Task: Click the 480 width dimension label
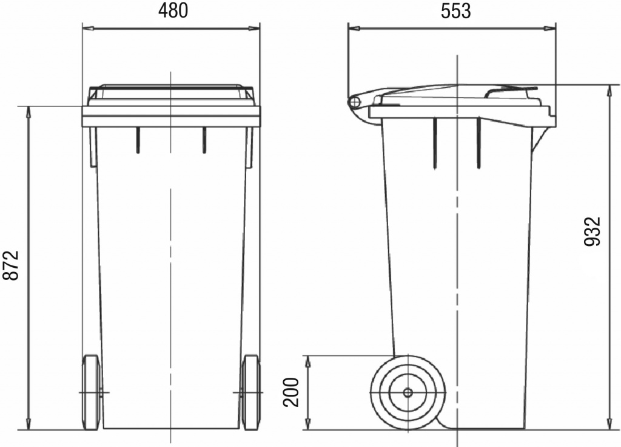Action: click(173, 11)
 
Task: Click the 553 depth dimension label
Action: click(456, 11)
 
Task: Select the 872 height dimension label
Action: click(11, 265)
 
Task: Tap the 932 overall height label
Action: click(593, 231)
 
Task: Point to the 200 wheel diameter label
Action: click(291, 392)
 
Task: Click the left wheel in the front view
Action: click(92, 392)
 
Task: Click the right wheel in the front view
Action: click(251, 392)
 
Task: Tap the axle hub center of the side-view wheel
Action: click(408, 393)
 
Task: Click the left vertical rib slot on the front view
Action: click(138, 140)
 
